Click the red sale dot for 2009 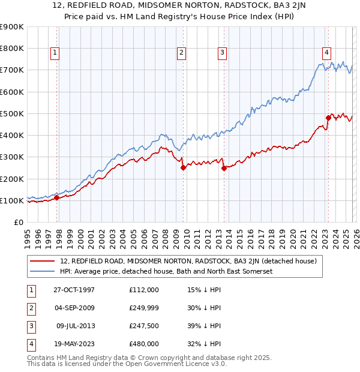183,168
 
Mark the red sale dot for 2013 224,169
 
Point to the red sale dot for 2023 328,118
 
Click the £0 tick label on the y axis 19,223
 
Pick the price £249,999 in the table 144,308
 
